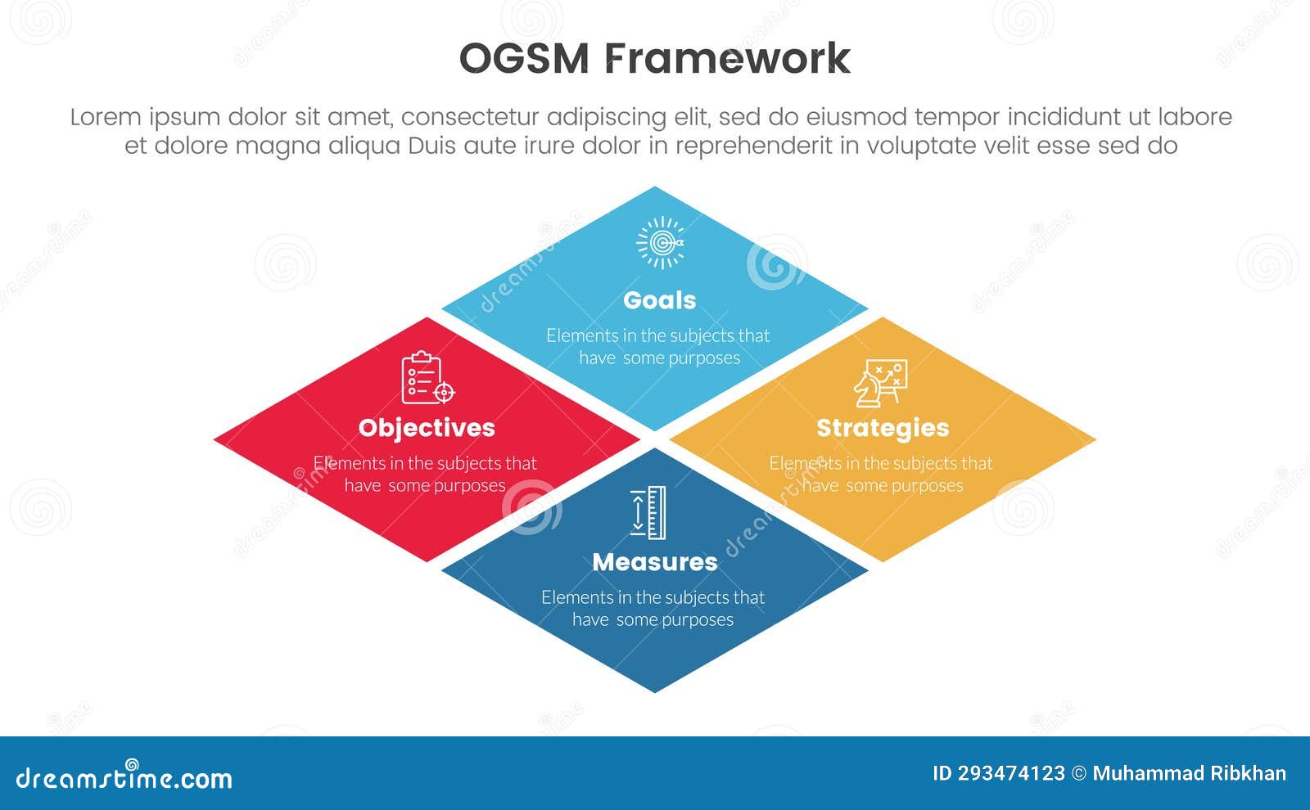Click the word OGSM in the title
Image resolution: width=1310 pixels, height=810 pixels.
coord(524,59)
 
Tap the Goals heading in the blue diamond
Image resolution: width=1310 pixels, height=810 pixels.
coord(659,300)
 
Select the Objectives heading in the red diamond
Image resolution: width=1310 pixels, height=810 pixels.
coord(427,427)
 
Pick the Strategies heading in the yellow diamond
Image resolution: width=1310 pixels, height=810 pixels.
coord(883,427)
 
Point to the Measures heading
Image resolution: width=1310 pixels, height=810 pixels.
coord(654,562)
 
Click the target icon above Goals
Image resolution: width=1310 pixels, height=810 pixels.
coord(661,242)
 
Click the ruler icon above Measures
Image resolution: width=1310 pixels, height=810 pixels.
coord(648,513)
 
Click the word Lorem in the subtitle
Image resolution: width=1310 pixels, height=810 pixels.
coord(106,117)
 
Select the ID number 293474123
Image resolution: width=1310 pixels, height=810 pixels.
coord(1012,773)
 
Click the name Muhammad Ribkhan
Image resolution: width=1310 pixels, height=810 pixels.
coord(1189,773)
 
